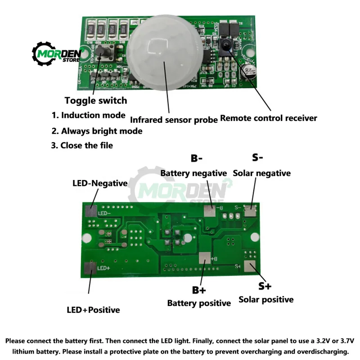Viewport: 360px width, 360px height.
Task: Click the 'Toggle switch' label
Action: pos(96,100)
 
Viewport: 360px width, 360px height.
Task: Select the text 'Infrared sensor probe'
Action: pos(174,119)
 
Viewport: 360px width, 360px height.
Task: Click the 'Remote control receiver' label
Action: pos(269,118)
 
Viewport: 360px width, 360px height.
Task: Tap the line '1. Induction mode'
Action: pos(88,115)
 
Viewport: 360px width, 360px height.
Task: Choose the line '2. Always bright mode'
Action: pos(97,131)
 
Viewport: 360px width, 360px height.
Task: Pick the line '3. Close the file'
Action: pos(82,145)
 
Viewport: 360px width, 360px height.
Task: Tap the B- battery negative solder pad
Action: pos(209,210)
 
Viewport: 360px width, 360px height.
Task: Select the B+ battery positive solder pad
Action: pos(204,258)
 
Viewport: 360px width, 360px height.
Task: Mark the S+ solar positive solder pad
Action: pos(248,266)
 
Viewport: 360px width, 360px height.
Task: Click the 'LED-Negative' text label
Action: pos(100,184)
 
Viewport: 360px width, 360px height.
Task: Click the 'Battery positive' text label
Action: pos(199,303)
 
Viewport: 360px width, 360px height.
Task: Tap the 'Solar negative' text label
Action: pos(261,173)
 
